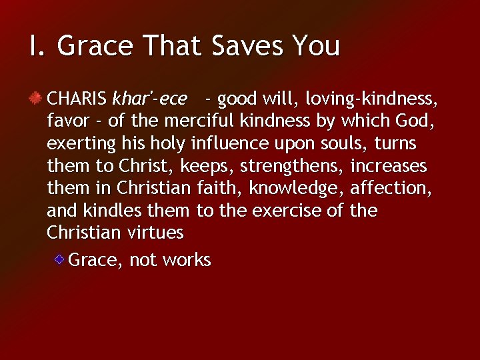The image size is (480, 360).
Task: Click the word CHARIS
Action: coord(76,99)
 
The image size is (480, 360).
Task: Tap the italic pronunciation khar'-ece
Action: coord(149,99)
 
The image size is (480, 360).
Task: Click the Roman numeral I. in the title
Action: coord(37,46)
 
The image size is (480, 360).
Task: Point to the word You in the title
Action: coord(317,46)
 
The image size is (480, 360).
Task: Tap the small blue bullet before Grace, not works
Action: coord(59,259)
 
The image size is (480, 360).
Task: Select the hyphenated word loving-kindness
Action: coord(371,99)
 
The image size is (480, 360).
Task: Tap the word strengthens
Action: coord(289,166)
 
